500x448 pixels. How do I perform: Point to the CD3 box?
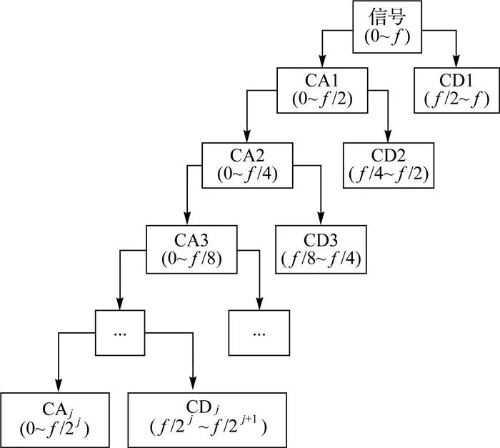click(321, 249)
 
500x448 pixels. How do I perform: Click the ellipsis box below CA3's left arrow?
click(119, 332)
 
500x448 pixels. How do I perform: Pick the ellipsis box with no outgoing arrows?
click(259, 332)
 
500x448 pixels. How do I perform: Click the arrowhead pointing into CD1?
click(454, 63)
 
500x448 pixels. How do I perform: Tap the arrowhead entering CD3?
click(321, 220)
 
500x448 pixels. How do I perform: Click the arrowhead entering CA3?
click(187, 220)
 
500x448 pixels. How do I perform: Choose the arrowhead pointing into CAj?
click(58, 386)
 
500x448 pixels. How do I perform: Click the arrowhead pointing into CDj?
click(192, 386)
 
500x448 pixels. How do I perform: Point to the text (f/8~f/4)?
click(321, 258)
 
